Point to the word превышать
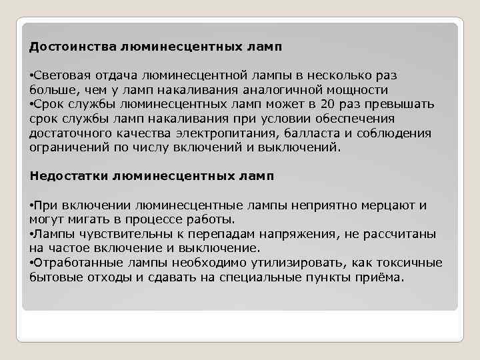[x=399, y=105]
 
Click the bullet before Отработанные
[x=32, y=263]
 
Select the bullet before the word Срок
[x=32, y=105]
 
